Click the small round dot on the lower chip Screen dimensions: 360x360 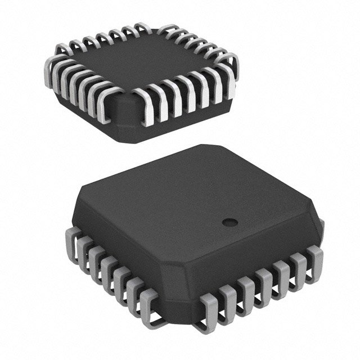[227, 223]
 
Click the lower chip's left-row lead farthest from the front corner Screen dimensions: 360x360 [72, 236]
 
